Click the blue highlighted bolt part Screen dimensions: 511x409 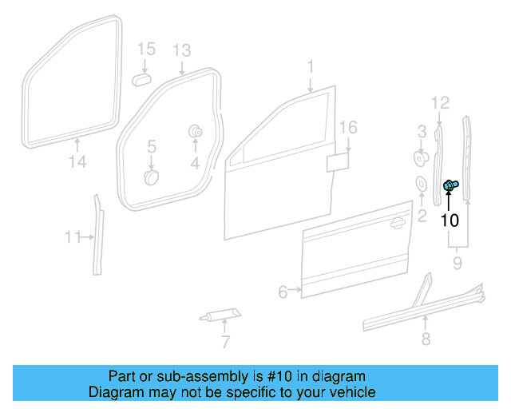[x=450, y=186]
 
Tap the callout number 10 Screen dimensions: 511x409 [x=450, y=220]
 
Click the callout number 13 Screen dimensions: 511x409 [x=181, y=51]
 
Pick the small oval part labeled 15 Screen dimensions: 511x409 [x=143, y=80]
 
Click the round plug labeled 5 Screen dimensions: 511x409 [x=149, y=176]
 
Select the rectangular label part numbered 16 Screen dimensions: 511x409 [x=338, y=162]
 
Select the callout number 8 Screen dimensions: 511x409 [x=425, y=340]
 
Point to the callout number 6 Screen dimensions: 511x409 [x=282, y=292]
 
